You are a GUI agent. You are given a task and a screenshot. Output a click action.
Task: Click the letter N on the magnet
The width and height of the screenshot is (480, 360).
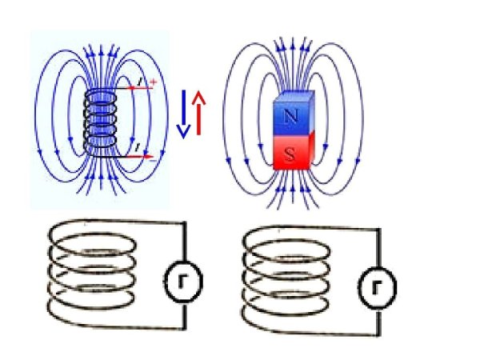(x=291, y=115)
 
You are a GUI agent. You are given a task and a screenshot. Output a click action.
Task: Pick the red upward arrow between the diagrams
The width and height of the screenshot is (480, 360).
(x=199, y=112)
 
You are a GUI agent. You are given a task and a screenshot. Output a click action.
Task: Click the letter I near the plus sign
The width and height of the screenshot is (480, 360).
(x=141, y=82)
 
